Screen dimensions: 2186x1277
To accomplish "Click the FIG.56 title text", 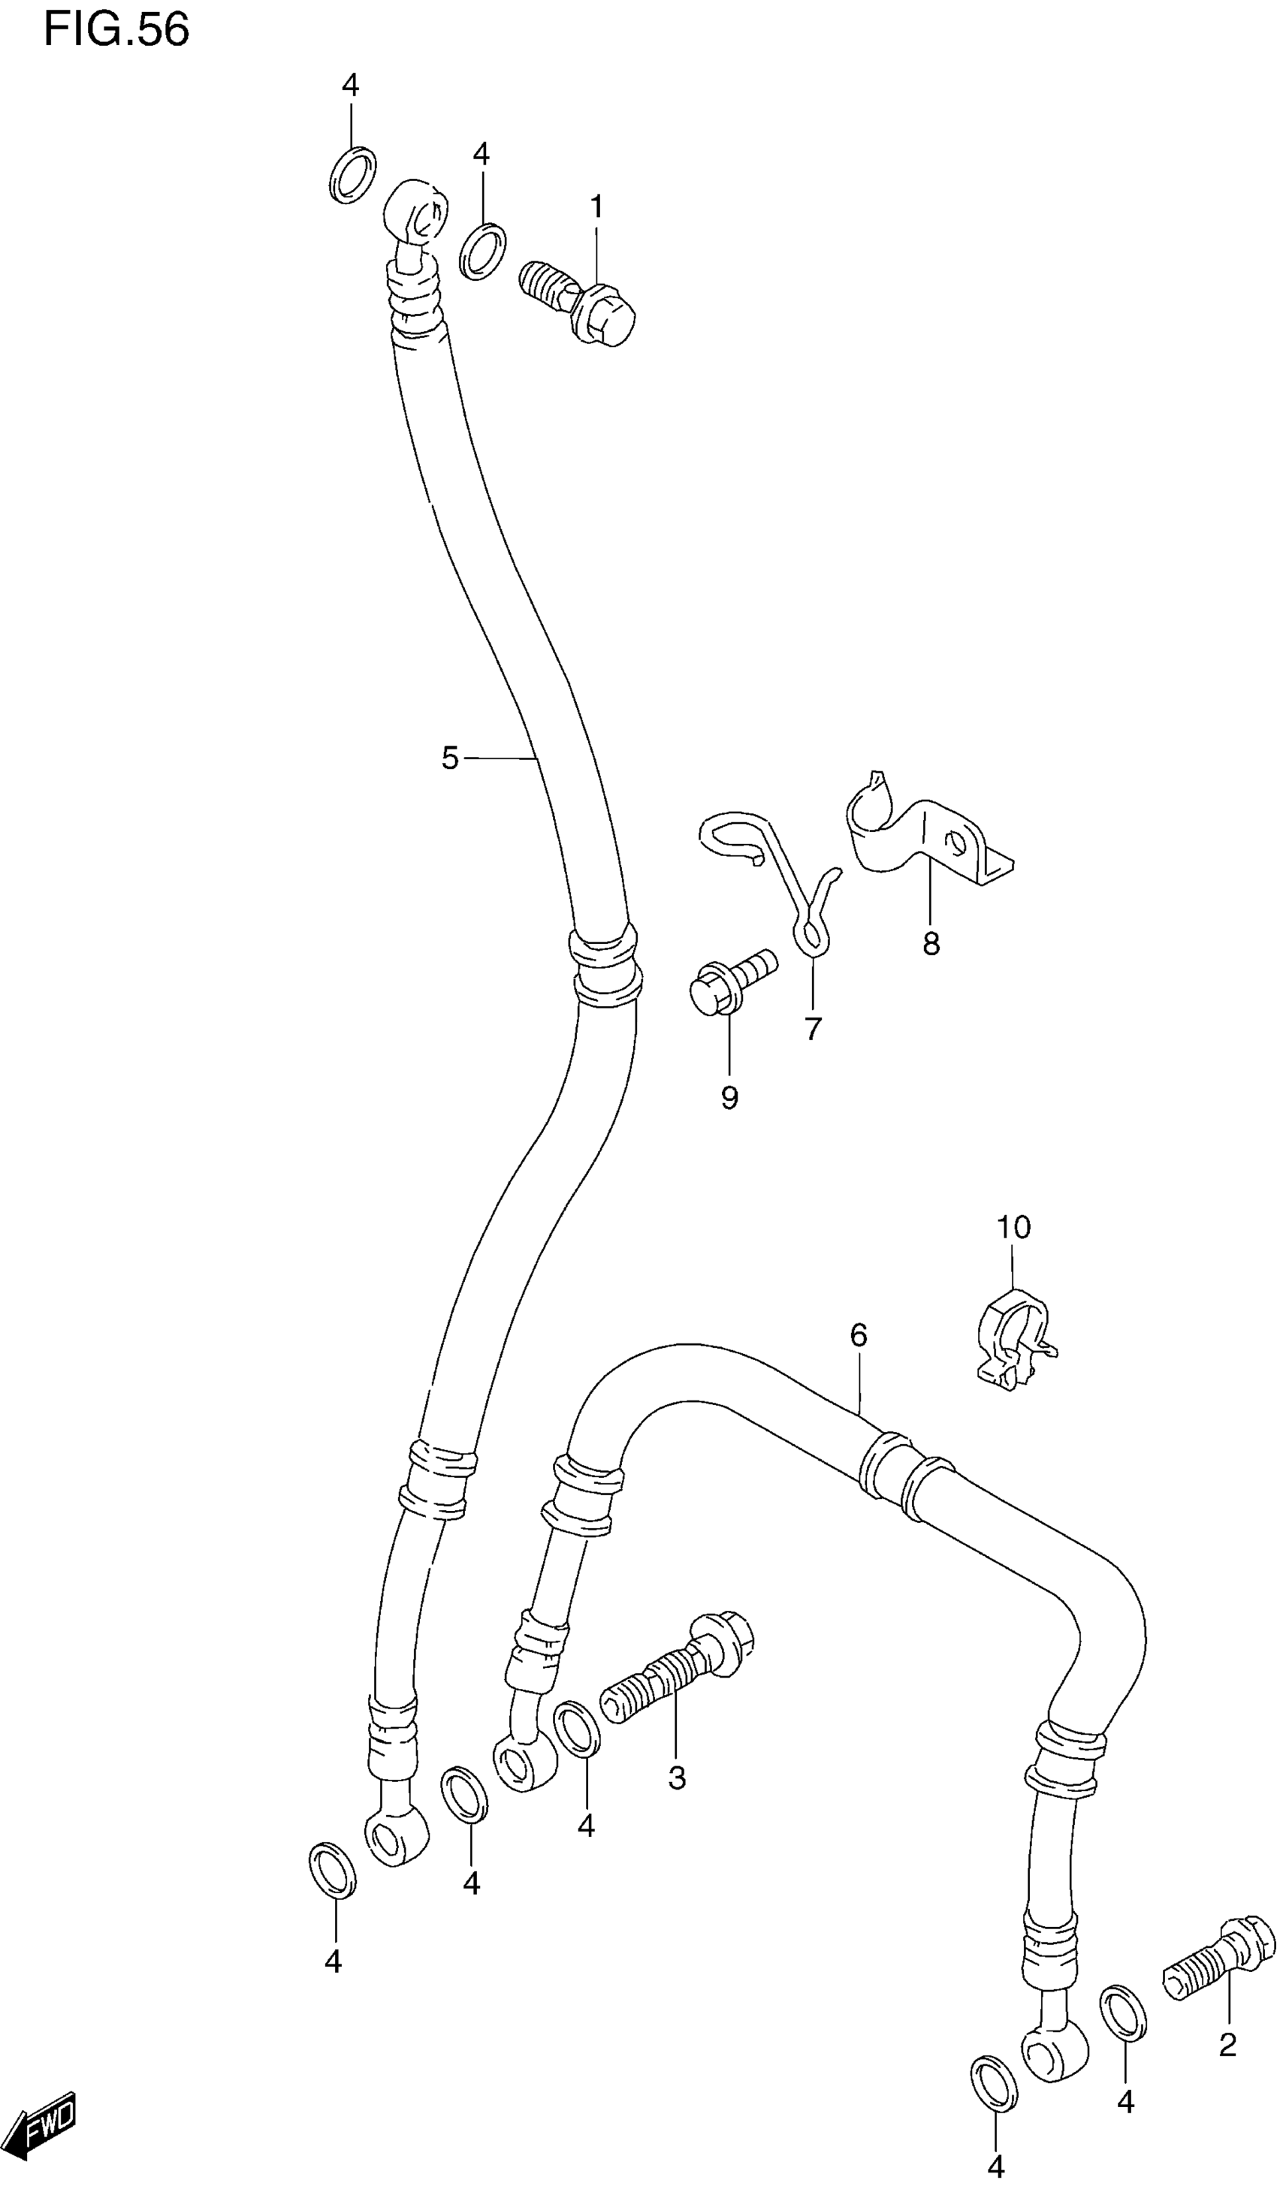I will click(x=116, y=29).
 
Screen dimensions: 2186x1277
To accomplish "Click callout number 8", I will click(x=931, y=944).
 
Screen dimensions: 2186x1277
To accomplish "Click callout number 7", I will click(x=812, y=1029).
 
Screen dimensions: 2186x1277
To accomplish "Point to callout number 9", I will click(x=729, y=1098).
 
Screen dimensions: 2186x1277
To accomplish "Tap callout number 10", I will click(x=1013, y=1228).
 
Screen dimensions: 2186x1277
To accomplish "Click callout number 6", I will click(x=858, y=1336).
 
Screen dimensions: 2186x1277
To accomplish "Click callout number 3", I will click(x=677, y=1778).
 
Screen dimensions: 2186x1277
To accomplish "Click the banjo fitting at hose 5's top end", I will click(x=415, y=213).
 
